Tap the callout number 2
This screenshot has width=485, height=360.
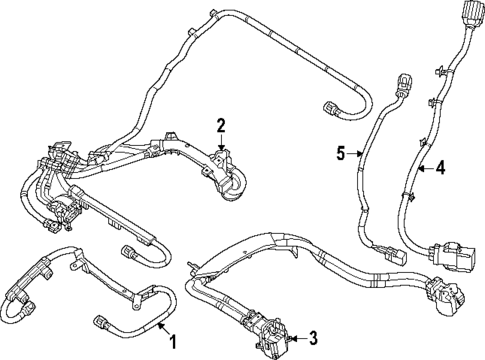point(221,125)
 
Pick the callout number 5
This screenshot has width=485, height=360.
point(340,153)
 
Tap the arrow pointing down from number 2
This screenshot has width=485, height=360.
point(221,142)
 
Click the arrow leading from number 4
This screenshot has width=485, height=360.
point(423,169)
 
